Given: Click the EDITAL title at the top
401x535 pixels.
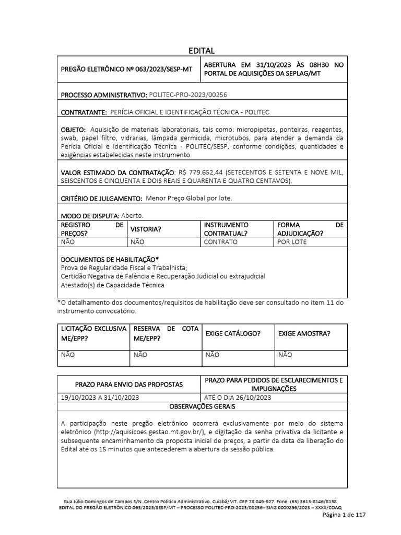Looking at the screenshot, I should tap(202, 50).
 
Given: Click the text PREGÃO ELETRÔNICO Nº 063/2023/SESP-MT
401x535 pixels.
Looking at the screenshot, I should tap(126, 69).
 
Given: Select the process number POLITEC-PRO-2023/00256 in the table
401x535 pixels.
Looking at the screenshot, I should tap(188, 95).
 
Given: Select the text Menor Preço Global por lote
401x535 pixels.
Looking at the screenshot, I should tap(188, 199).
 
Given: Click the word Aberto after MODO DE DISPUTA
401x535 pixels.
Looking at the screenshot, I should tap(132, 215).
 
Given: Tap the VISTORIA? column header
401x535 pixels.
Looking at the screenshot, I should tap(146, 229).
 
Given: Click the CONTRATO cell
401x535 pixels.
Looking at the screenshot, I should tap(220, 242).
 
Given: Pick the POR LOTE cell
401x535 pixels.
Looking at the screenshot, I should tap(292, 242).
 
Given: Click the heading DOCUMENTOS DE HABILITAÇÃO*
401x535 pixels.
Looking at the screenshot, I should tap(110, 259).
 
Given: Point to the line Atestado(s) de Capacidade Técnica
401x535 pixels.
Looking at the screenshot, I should tap(112, 285).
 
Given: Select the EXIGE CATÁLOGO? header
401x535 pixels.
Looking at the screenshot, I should tap(233, 333).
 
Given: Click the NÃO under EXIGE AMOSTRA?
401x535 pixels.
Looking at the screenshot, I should tap(285, 355).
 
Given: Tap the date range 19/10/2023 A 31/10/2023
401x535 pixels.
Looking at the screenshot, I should tap(100, 397).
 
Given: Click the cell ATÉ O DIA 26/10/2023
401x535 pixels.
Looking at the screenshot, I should tap(238, 397).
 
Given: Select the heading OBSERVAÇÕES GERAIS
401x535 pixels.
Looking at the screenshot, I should tap(202, 406).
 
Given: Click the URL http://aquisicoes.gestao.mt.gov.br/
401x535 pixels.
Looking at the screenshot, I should tap(147, 432).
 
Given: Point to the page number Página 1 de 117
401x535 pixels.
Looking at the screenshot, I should tap(344, 515).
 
